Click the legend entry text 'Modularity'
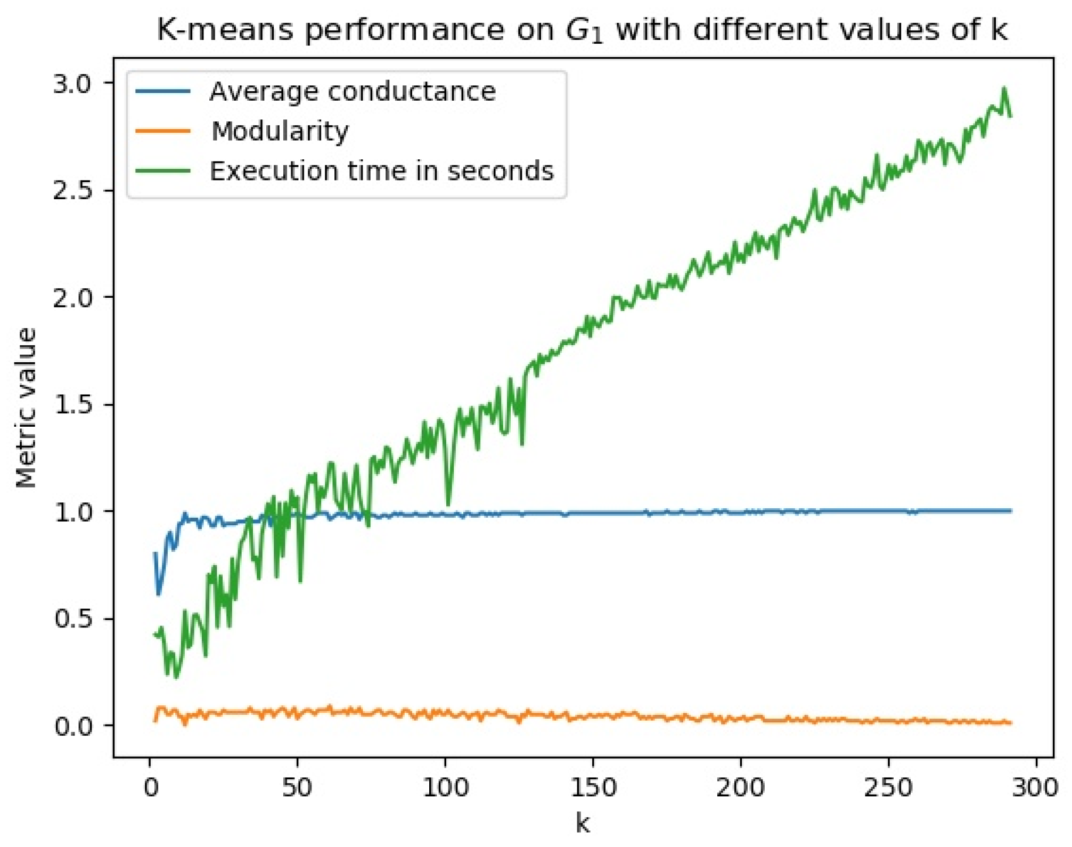(x=280, y=131)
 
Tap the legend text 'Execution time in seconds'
(x=381, y=171)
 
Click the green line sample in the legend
(x=163, y=171)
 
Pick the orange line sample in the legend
(x=163, y=131)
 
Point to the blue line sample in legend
(x=163, y=92)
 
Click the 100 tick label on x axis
(x=445, y=787)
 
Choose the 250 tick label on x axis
(x=888, y=787)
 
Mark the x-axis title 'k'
(x=583, y=824)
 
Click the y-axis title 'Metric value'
(x=26, y=408)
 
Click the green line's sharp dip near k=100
(x=448, y=503)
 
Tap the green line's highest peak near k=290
(x=1004, y=88)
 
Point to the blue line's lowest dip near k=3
(x=158, y=593)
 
